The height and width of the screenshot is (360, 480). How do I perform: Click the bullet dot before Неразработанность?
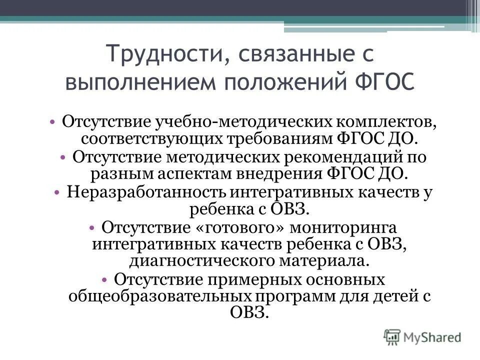(57, 192)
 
